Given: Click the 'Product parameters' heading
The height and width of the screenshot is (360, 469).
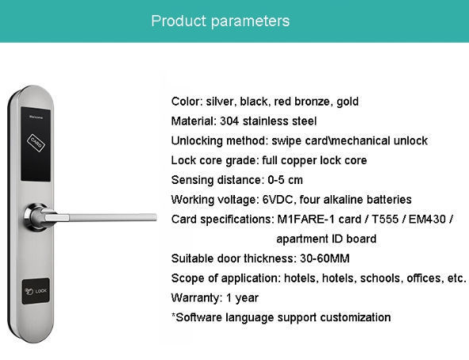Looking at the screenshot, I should click(x=220, y=21).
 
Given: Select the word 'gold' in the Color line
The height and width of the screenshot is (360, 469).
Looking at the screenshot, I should click(x=346, y=101).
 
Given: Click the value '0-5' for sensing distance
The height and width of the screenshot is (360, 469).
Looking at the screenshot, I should click(x=272, y=180).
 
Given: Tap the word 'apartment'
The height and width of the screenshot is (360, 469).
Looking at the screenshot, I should click(x=302, y=239).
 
